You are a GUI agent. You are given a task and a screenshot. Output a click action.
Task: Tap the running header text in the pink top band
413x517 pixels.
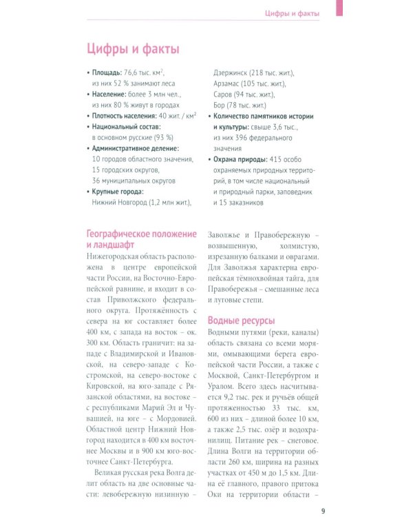click(293, 14)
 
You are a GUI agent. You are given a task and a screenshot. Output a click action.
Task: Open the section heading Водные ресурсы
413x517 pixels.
click(241, 320)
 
